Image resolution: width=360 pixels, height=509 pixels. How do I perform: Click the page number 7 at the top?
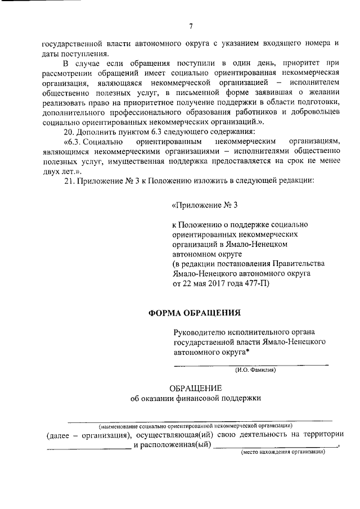click(x=191, y=26)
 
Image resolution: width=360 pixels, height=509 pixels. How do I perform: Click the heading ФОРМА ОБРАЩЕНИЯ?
click(x=195, y=312)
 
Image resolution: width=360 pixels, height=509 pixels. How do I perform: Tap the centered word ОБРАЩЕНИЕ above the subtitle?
click(x=196, y=389)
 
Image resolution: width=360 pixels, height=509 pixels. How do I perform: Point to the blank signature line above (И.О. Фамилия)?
click(x=251, y=364)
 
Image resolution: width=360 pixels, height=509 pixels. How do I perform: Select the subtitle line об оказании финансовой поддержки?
click(x=196, y=399)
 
